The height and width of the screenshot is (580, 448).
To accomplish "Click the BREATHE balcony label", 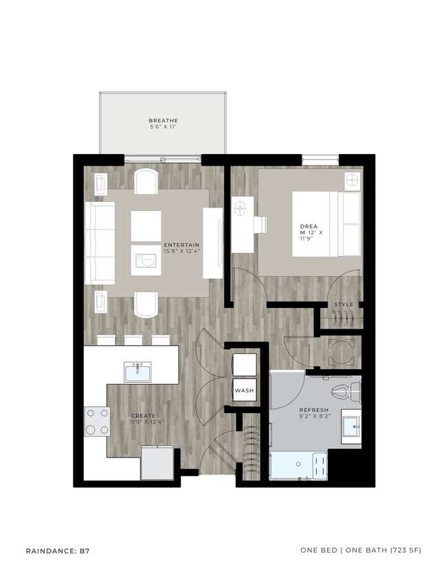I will (x=163, y=121).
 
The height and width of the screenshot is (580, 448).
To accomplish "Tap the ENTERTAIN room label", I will (x=181, y=245).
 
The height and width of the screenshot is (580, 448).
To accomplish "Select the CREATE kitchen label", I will (x=143, y=416).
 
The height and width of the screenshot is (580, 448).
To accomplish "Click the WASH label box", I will (x=244, y=390).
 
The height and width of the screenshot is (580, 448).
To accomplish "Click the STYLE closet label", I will (x=344, y=304).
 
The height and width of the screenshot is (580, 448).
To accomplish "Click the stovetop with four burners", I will (x=97, y=421).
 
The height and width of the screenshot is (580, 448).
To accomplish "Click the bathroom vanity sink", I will (x=351, y=430).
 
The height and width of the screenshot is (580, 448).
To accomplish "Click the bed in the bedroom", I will (x=326, y=224).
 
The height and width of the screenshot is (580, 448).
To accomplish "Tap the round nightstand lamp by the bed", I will (x=352, y=181).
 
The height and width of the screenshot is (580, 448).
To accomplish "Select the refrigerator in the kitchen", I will (x=158, y=462).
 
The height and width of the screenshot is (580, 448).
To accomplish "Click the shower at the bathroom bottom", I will (x=298, y=465).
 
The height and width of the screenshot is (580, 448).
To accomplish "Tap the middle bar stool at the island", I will (x=133, y=339).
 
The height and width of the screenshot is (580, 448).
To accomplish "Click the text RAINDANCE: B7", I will (x=58, y=550).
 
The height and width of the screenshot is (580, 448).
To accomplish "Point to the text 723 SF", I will (x=403, y=550).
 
